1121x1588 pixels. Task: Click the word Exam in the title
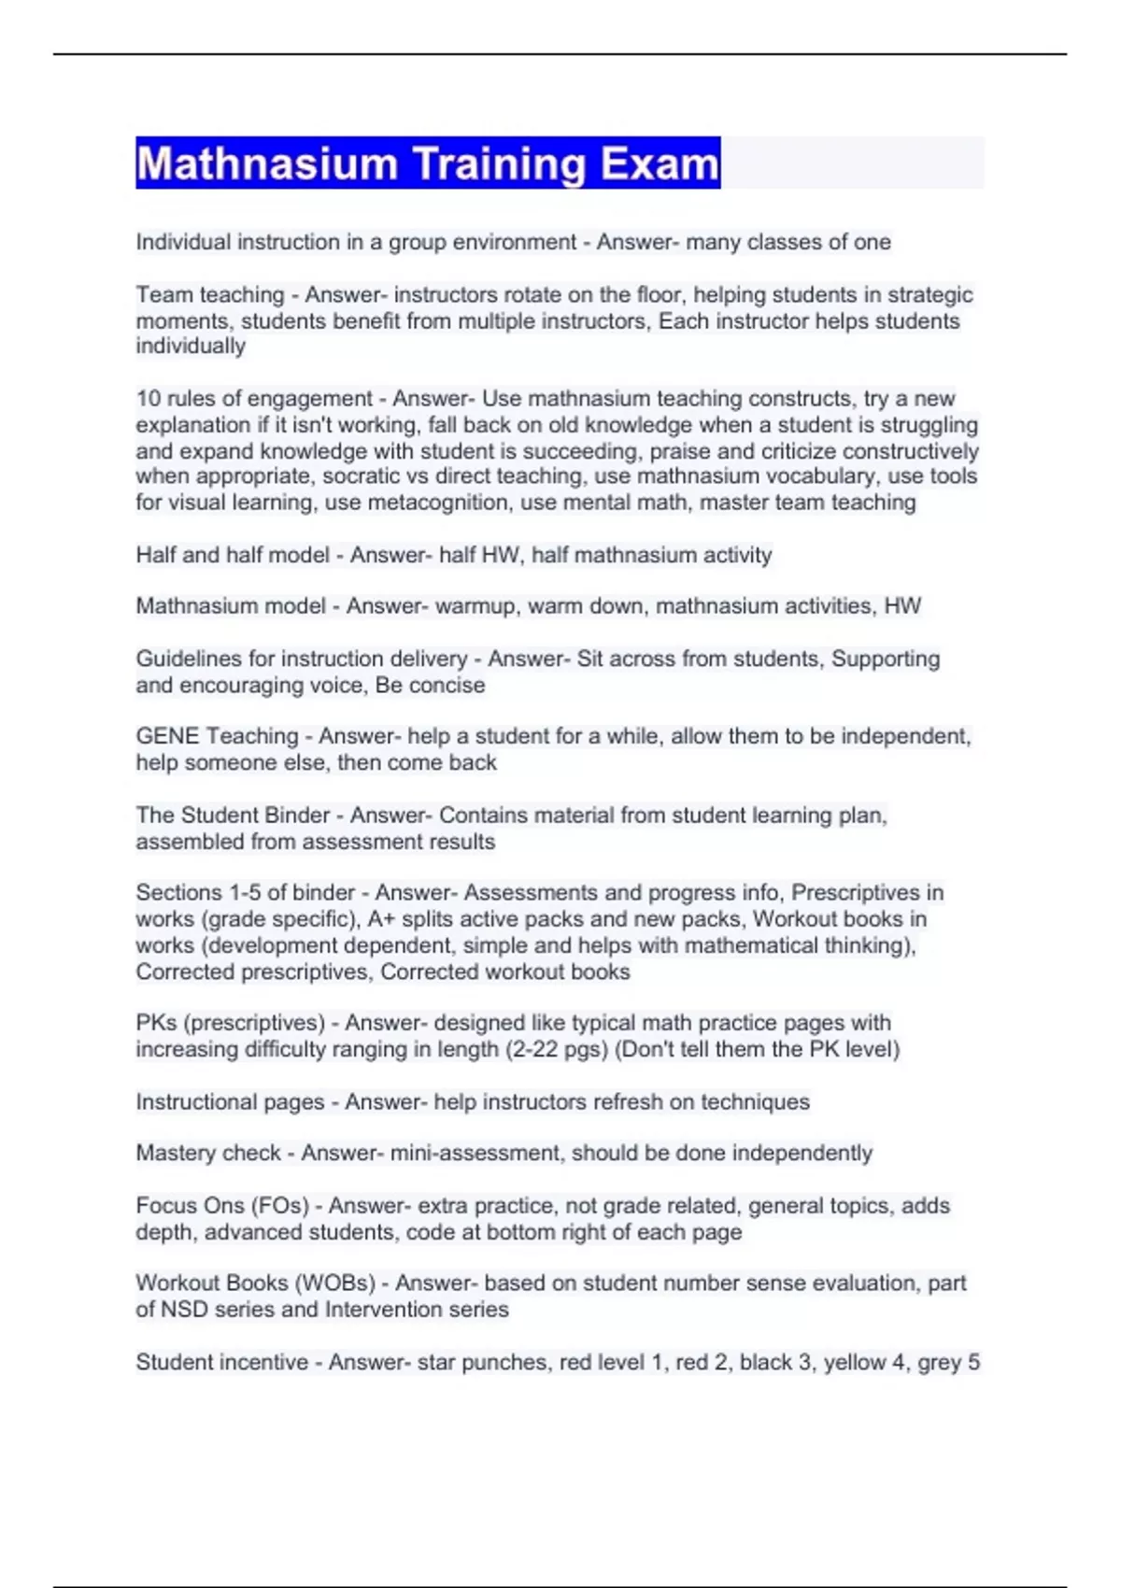pyautogui.click(x=660, y=164)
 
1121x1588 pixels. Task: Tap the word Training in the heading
pyautogui.click(x=499, y=164)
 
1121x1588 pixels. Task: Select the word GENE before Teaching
pyautogui.click(x=167, y=736)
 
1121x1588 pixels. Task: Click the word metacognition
pyautogui.click(x=437, y=503)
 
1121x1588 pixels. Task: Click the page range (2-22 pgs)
pyautogui.click(x=557, y=1049)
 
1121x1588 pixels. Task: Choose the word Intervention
pyautogui.click(x=386, y=1310)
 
